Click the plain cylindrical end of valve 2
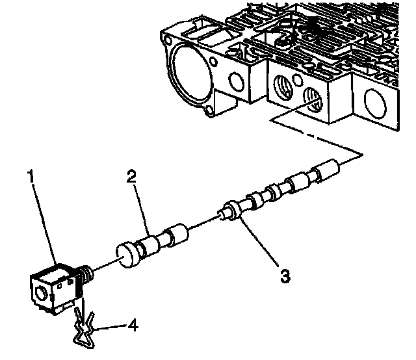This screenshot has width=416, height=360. click(x=176, y=235)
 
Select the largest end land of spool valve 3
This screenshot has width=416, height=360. click(x=326, y=172)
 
